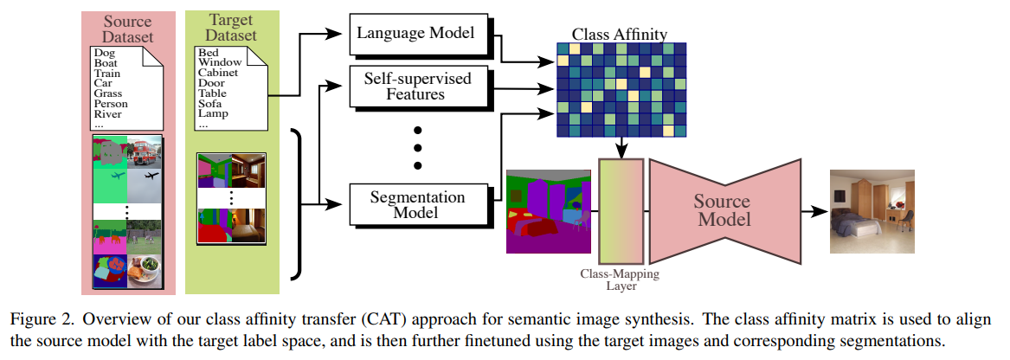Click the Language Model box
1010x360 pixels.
(415, 34)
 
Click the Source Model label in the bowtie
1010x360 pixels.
(723, 210)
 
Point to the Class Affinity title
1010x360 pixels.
(619, 35)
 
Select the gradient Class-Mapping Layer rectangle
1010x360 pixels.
(621, 210)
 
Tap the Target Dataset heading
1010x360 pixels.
(231, 29)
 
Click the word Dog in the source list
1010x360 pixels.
(104, 54)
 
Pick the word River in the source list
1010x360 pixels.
(108, 114)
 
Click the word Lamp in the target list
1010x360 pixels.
(212, 113)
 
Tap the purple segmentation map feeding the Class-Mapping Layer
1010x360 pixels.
(549, 211)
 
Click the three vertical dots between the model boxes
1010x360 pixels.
(416, 147)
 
